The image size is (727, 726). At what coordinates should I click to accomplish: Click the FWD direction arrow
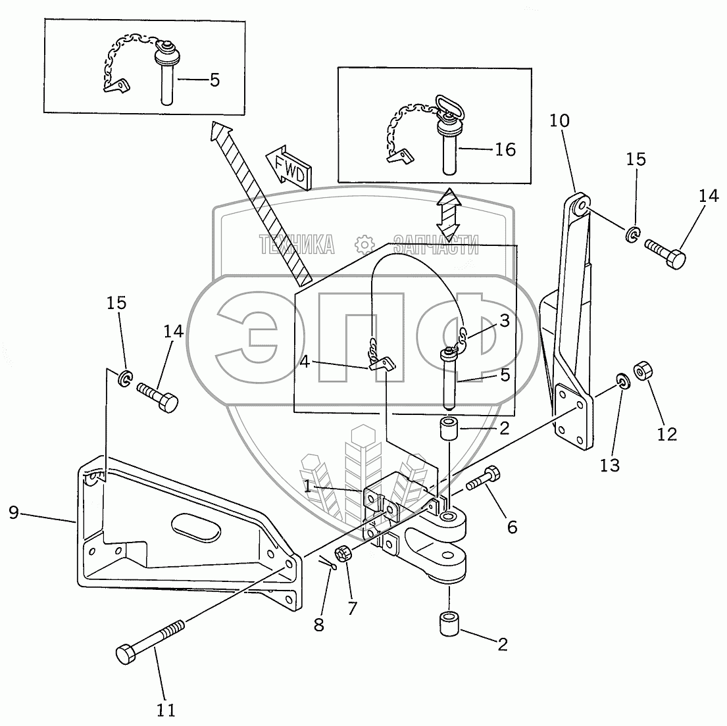coord(288,168)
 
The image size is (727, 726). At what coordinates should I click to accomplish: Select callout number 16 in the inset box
coord(505,149)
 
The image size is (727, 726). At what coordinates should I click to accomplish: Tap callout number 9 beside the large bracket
coord(14,512)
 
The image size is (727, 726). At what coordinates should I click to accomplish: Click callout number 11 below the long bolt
coord(166,710)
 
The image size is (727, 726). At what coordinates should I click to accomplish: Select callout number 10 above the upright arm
coord(559,120)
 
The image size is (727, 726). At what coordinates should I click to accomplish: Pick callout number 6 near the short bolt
coord(512,527)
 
